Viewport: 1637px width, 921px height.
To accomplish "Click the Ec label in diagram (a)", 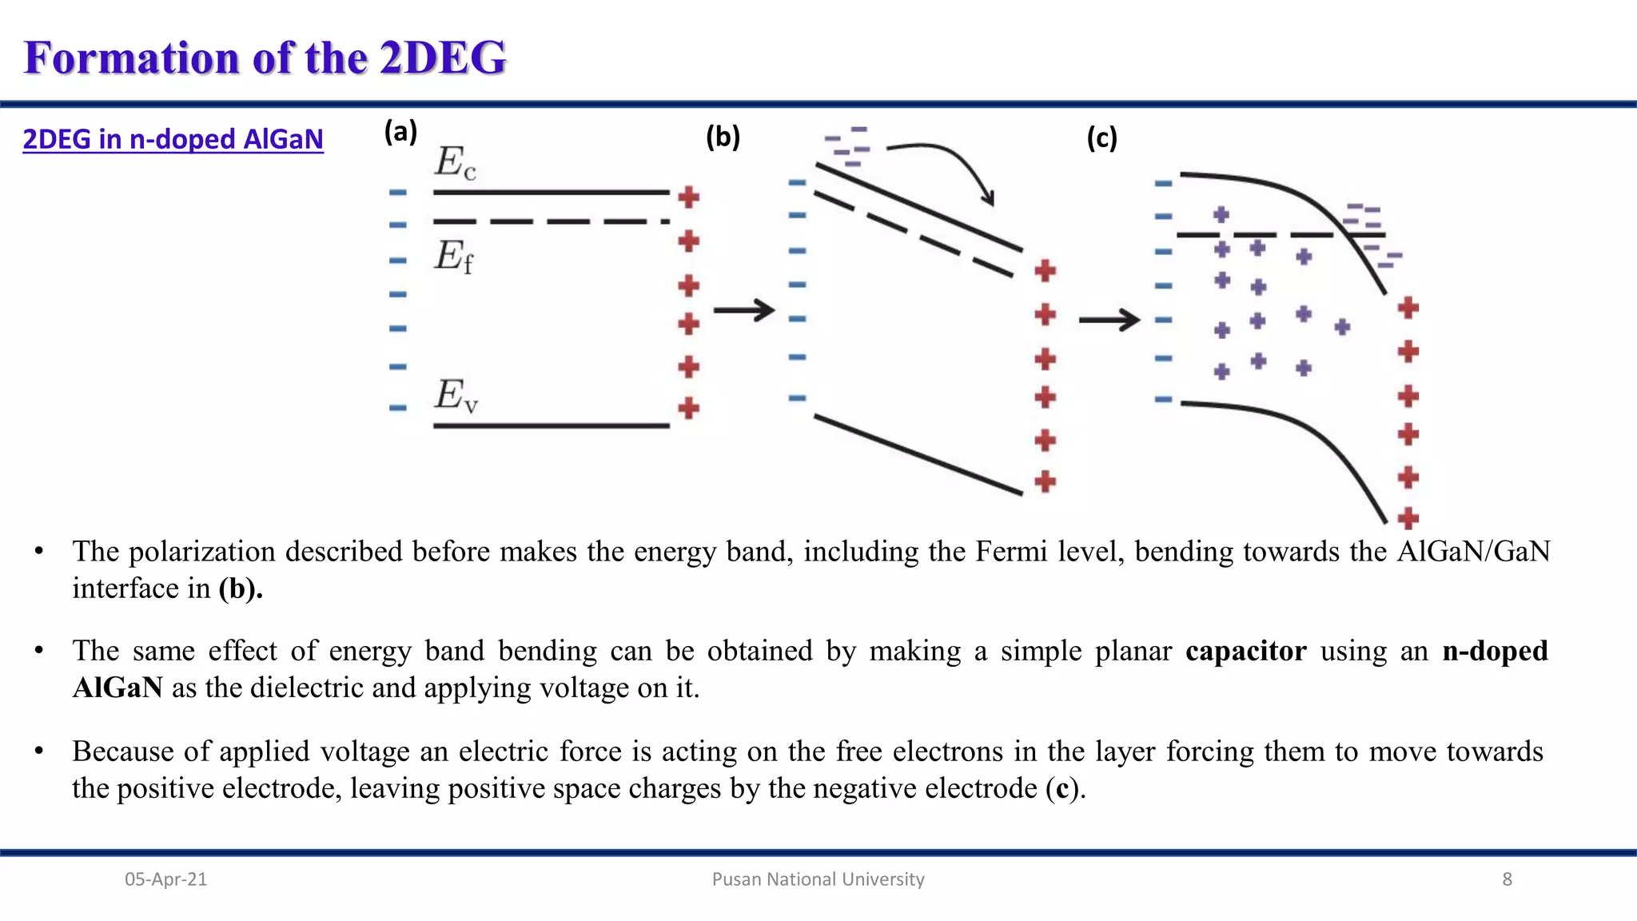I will [456, 163].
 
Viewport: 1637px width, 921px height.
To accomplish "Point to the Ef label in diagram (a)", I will [454, 257].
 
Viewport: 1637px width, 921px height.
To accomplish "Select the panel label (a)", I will [400, 132].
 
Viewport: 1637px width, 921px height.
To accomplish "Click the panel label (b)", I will [723, 138].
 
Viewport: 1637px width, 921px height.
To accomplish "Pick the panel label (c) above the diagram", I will [1101, 138].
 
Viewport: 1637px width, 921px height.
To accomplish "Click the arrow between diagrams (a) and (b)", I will [744, 310].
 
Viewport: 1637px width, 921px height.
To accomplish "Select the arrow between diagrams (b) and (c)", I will [1109, 321].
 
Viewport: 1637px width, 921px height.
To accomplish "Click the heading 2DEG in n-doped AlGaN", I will [173, 139].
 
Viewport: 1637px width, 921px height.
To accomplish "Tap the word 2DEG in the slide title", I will [443, 58].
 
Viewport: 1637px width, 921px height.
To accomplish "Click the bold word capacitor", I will [1245, 651].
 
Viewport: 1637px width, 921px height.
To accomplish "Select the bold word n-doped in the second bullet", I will [1495, 651].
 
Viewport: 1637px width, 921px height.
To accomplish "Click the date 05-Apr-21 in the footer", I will [165, 879].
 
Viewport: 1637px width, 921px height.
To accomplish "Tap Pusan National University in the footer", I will [818, 879].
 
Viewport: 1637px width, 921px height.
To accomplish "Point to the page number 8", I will [1507, 879].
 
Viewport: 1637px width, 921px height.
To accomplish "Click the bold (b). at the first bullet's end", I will [241, 589].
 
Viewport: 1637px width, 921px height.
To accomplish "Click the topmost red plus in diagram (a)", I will [688, 197].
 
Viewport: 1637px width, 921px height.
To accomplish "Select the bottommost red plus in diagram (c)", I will [1408, 518].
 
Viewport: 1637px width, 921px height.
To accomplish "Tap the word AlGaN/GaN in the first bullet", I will [1473, 552].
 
